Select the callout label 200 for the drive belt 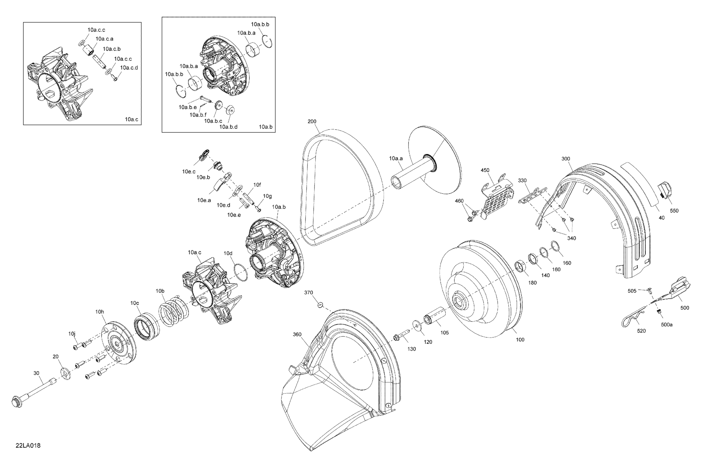312,121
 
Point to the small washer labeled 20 65,374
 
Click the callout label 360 297,334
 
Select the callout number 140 545,275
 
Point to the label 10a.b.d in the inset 228,127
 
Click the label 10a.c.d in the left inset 129,68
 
